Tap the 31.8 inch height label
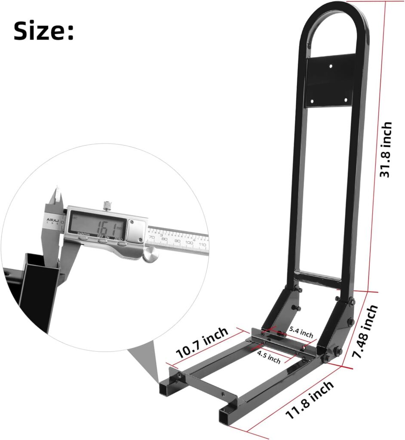pyautogui.click(x=386, y=149)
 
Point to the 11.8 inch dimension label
pyautogui.click(x=310, y=400)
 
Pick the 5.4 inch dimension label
pyautogui.click(x=301, y=332)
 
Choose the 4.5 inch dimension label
pyautogui.click(x=269, y=357)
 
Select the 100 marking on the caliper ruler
pyautogui.click(x=189, y=243)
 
